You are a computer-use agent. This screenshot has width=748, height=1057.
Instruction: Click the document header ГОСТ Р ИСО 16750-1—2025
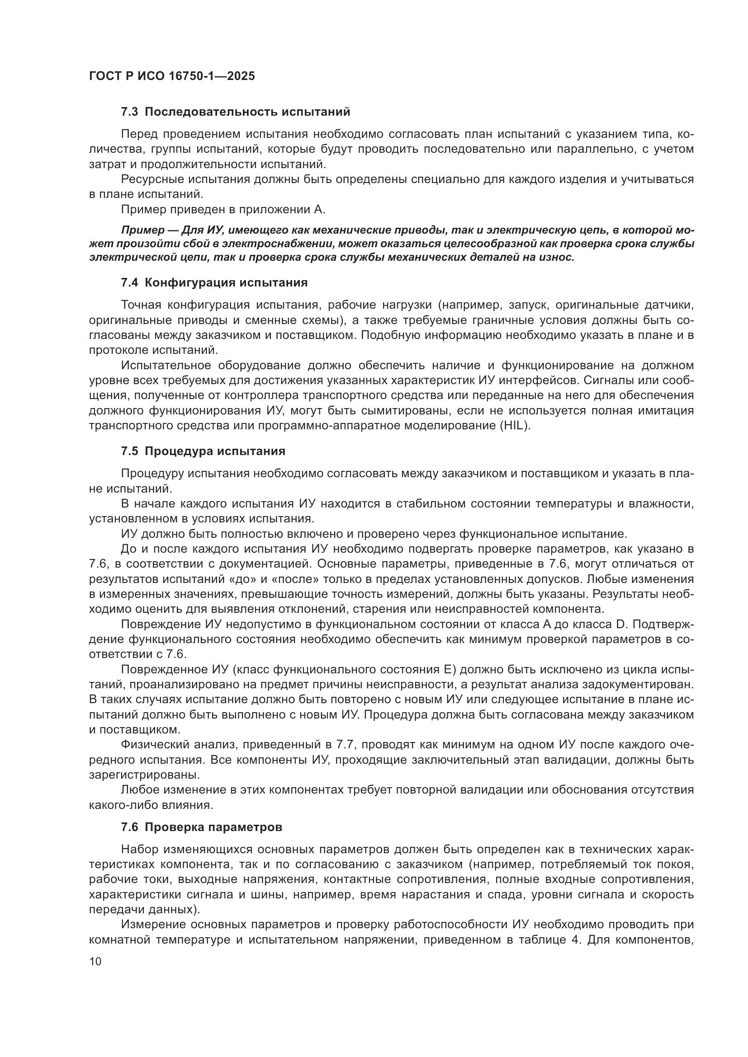(x=172, y=76)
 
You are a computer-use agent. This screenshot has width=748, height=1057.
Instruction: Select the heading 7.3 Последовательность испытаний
(x=235, y=112)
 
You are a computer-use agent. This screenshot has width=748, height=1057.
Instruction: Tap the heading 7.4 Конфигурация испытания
(x=214, y=282)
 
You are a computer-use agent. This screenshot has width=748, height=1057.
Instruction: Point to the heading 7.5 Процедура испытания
(x=203, y=451)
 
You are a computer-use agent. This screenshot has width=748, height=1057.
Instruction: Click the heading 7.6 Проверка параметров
(x=201, y=827)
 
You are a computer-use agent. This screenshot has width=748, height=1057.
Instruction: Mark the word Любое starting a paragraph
(x=138, y=790)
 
